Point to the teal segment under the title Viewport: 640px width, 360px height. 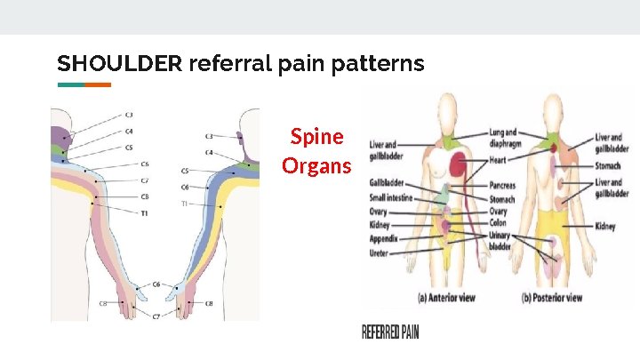(x=71, y=85)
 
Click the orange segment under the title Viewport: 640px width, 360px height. (x=98, y=85)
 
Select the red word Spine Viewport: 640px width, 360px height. (x=316, y=137)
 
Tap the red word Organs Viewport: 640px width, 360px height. (x=316, y=165)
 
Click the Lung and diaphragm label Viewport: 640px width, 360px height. (x=502, y=138)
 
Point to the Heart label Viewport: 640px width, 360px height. (x=498, y=161)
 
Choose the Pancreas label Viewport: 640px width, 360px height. (x=502, y=188)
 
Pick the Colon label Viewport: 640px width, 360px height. (x=498, y=223)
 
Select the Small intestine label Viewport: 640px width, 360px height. (x=390, y=198)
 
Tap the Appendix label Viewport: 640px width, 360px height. (x=384, y=239)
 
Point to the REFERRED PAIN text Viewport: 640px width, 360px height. (x=390, y=332)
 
